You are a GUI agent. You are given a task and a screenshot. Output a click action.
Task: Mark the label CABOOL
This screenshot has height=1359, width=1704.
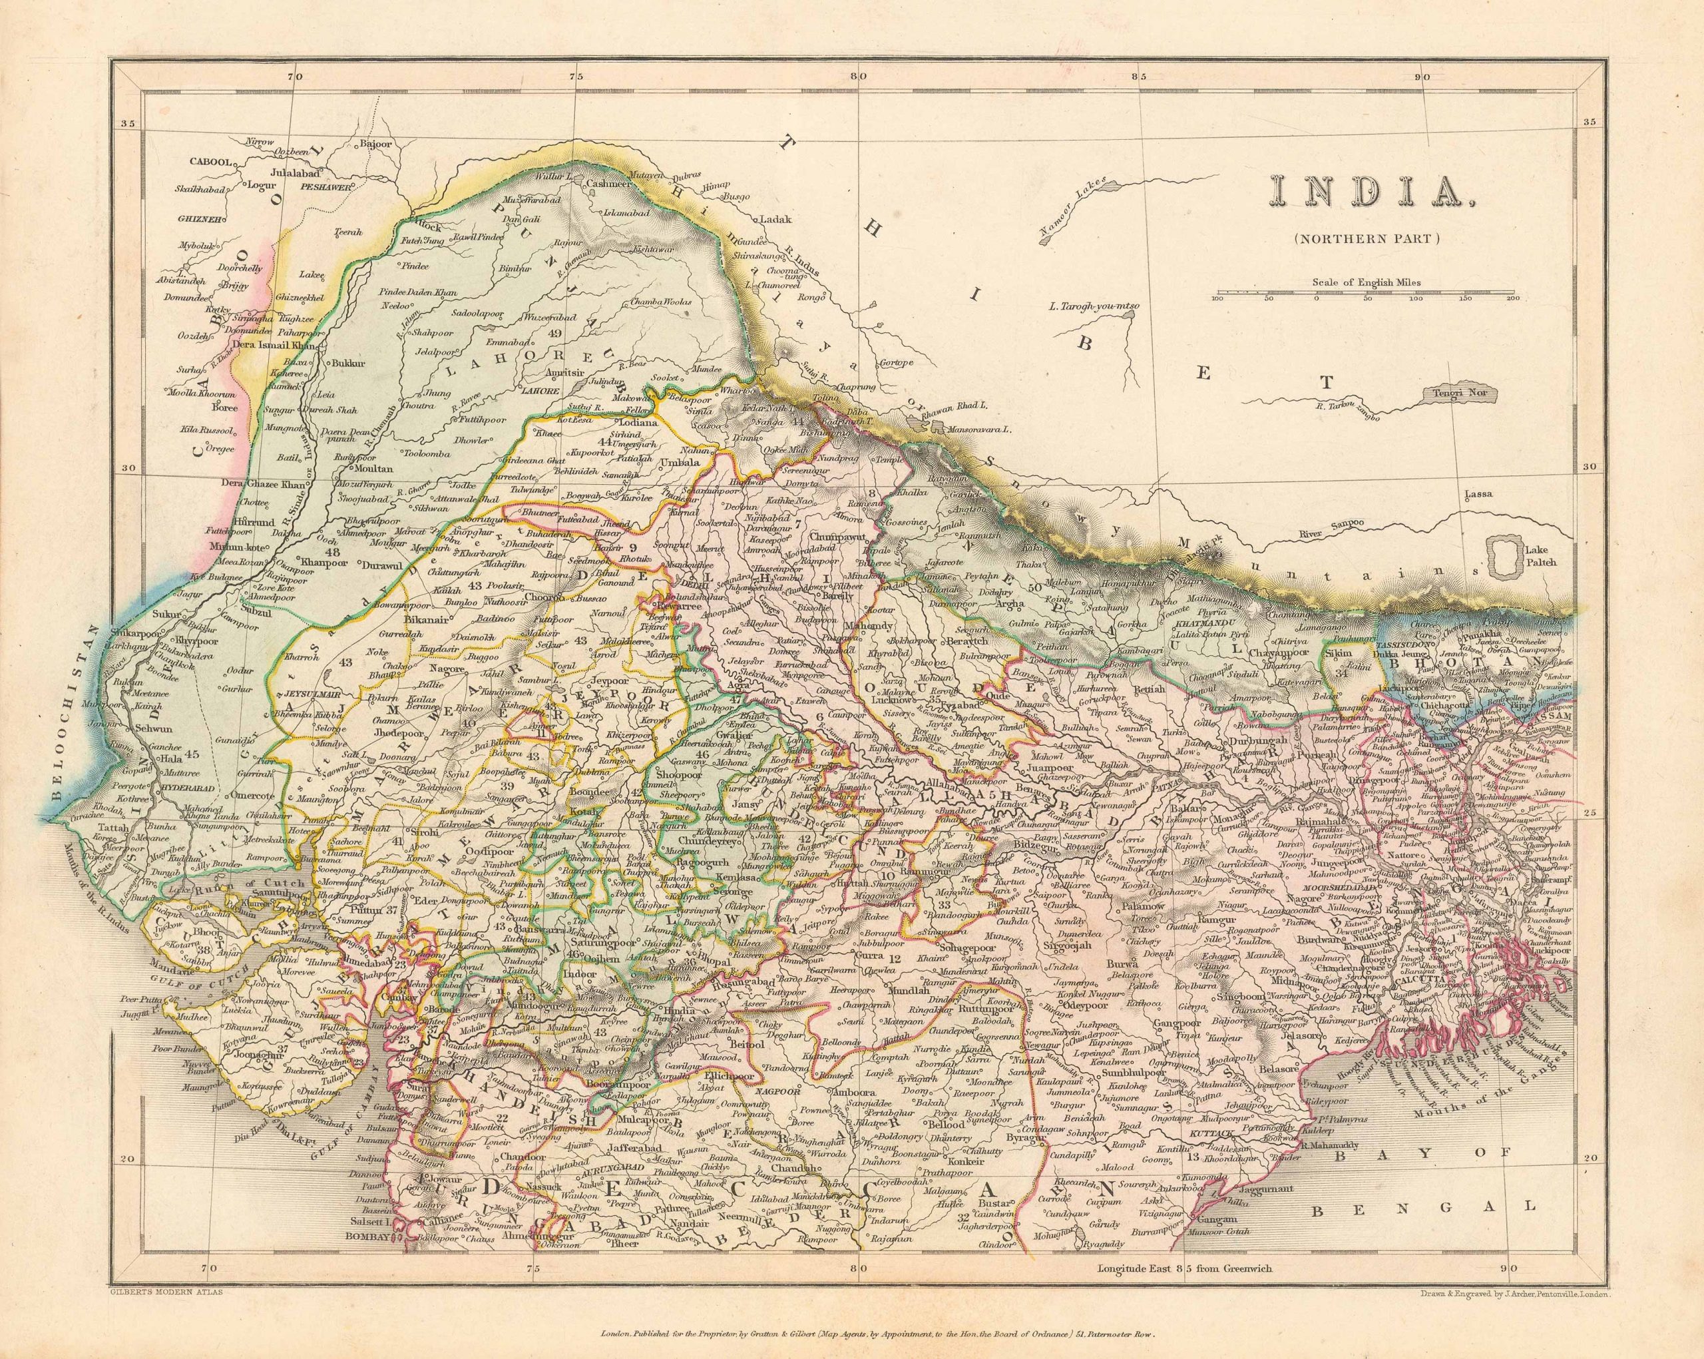click(210, 161)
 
